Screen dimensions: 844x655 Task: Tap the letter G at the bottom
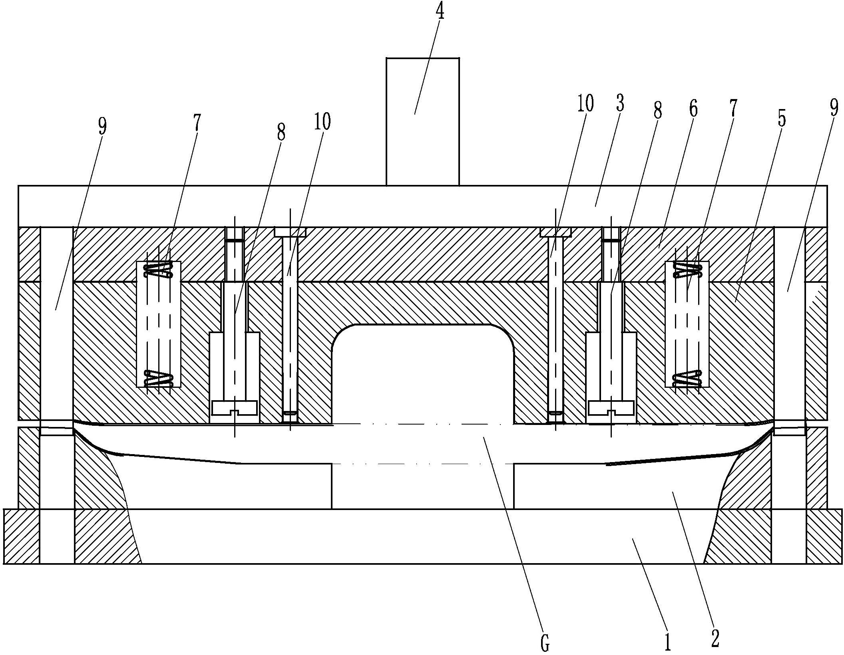coord(545,641)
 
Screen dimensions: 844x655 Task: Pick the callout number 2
coord(715,637)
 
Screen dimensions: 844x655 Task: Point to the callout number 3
coord(619,103)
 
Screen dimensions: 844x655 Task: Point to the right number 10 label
coord(584,103)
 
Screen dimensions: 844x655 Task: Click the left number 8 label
coord(281,132)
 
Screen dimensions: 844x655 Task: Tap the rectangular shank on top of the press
coord(422,122)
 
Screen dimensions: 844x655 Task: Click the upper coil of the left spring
coord(159,269)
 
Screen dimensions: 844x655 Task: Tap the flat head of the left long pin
coord(290,232)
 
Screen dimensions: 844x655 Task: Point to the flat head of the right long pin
coord(555,232)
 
